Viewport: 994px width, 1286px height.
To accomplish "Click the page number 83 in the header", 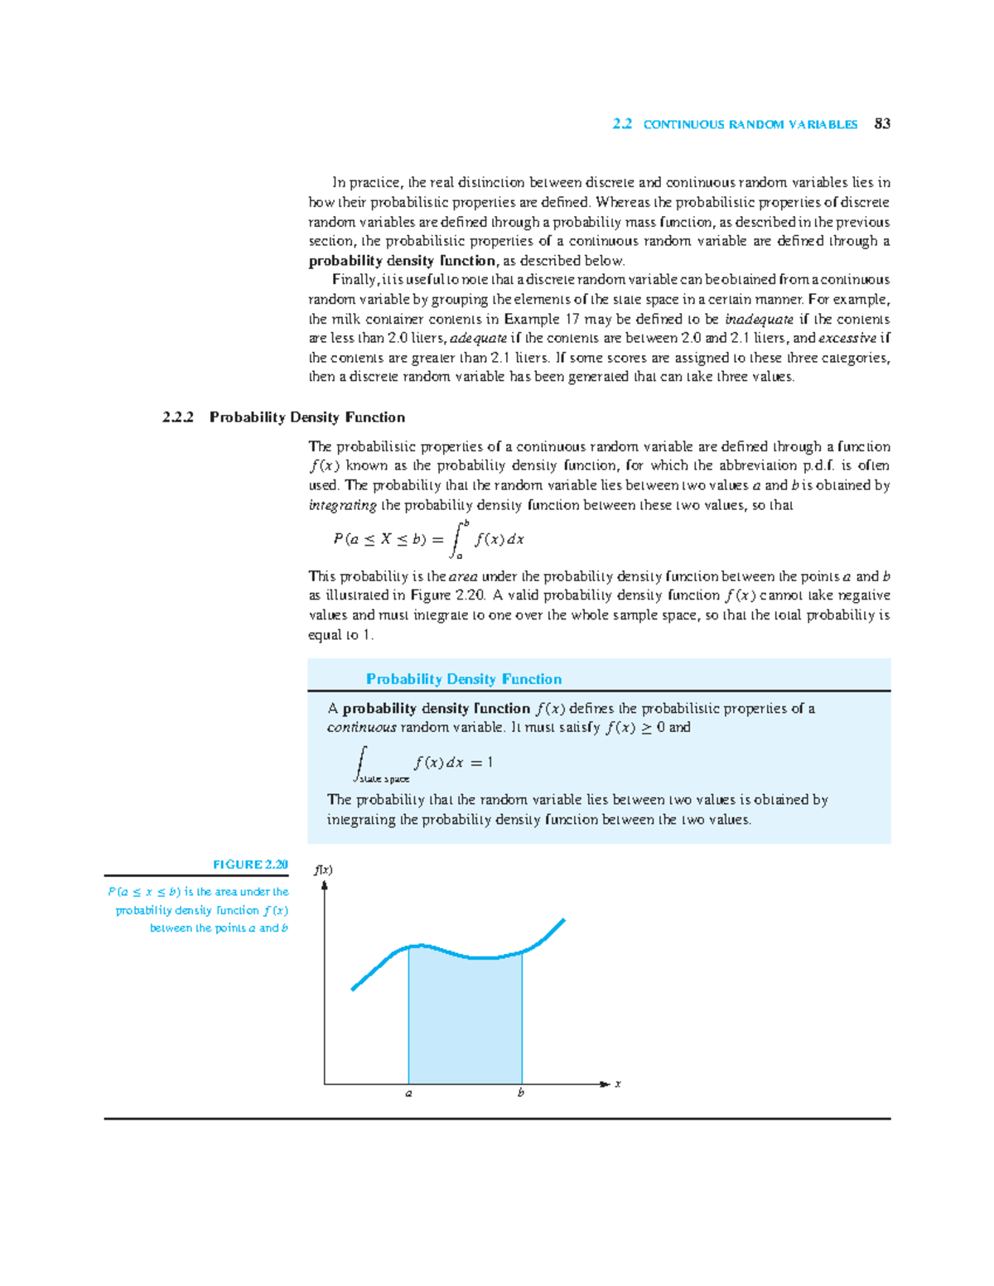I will pos(882,124).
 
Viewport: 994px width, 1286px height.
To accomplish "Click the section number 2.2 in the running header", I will pos(622,124).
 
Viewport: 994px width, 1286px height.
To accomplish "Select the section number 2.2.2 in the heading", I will pos(178,417).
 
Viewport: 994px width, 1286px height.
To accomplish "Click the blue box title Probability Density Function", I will pos(464,679).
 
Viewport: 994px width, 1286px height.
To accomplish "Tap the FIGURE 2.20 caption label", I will pos(250,865).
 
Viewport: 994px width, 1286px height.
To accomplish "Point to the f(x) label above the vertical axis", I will pos(323,870).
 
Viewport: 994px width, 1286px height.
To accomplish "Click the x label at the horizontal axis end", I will pos(618,1084).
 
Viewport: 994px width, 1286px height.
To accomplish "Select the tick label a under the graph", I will pos(408,1094).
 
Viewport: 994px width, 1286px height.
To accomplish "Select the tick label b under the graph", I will pos(521,1093).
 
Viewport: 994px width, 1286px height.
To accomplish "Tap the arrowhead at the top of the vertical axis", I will pos(325,885).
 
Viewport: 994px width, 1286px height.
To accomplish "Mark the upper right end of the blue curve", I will pos(563,920).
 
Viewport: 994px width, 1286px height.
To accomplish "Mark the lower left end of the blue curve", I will pos(354,989).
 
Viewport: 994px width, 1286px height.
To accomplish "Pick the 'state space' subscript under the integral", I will pos(384,779).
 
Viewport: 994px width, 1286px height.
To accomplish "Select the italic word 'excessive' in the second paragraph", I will pos(847,339).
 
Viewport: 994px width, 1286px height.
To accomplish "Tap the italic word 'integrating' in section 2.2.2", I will pos(343,505).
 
